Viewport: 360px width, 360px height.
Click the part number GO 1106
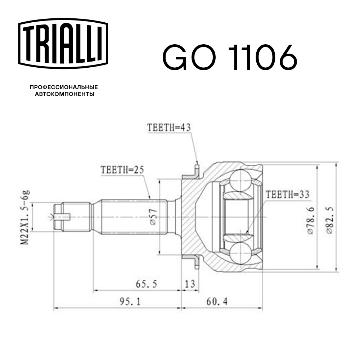tap(230, 58)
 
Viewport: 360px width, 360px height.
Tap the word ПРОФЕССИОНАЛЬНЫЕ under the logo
tap(64, 87)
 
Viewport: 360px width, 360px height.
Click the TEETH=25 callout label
tap(122, 170)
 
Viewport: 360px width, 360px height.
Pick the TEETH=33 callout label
tap(287, 195)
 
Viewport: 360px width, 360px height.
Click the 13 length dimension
tap(190, 284)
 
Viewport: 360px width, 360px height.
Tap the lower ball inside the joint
tap(240, 253)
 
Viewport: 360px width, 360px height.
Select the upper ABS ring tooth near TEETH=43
tap(197, 169)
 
